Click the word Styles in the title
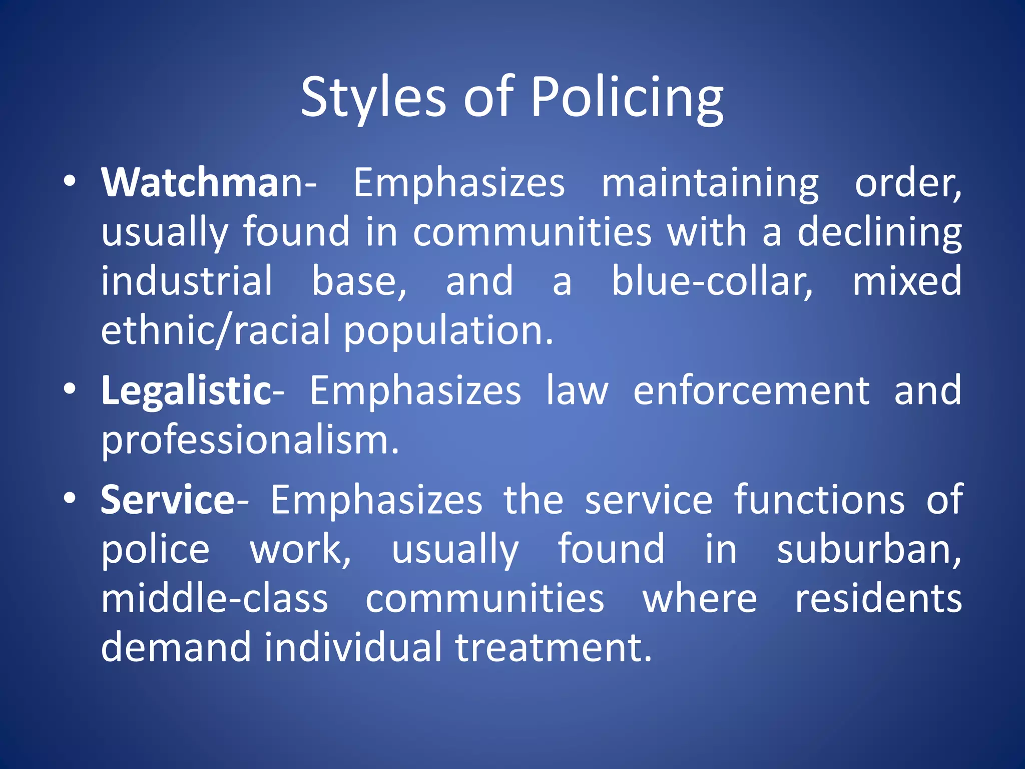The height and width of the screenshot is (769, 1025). click(x=373, y=98)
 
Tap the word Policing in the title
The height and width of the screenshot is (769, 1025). click(x=627, y=98)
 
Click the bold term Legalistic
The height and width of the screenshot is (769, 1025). click(x=186, y=391)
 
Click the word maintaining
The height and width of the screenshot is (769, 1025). click(x=710, y=184)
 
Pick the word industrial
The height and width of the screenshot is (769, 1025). click(x=187, y=281)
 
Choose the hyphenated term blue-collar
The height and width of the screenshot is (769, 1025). click(x=712, y=281)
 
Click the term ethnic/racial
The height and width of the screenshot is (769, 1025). click(x=216, y=330)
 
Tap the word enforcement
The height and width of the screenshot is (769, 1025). click(x=751, y=391)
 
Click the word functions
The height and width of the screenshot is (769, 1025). click(x=819, y=500)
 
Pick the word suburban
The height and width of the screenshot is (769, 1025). click(x=868, y=549)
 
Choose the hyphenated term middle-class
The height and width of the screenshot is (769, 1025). click(x=215, y=599)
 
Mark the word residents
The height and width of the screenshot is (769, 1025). click(x=878, y=599)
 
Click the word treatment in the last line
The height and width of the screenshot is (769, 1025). click(x=553, y=647)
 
